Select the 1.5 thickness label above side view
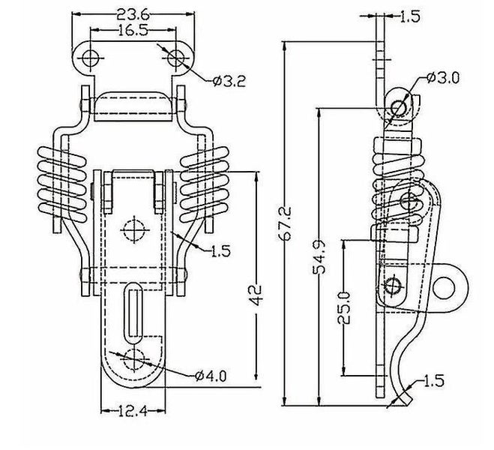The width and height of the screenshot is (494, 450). pos(410,16)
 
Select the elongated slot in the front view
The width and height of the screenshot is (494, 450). pos(134,309)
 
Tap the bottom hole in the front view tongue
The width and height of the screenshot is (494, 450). pos(134,358)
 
